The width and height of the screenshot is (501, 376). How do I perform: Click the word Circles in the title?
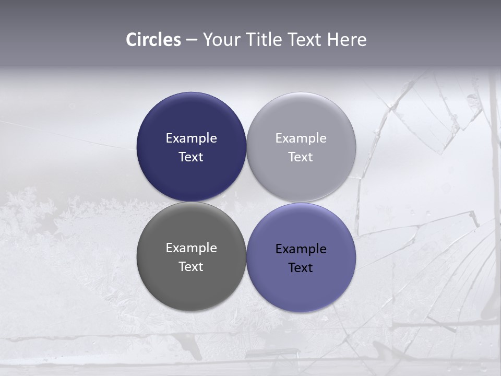pos(153,40)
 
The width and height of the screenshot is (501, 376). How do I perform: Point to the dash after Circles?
pos(192,40)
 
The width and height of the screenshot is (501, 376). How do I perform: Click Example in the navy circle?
pos(191,138)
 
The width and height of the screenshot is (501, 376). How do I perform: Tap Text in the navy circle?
pos(191,157)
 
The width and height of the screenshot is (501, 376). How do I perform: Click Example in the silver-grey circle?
pos(301,138)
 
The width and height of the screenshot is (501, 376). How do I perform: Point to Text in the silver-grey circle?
pos(301,157)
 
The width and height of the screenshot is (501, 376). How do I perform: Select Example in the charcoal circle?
pos(191,248)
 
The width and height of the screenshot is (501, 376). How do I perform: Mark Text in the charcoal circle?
pos(191,266)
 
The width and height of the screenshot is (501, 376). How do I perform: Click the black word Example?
pos(301,249)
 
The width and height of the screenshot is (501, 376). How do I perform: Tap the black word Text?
pos(301,267)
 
